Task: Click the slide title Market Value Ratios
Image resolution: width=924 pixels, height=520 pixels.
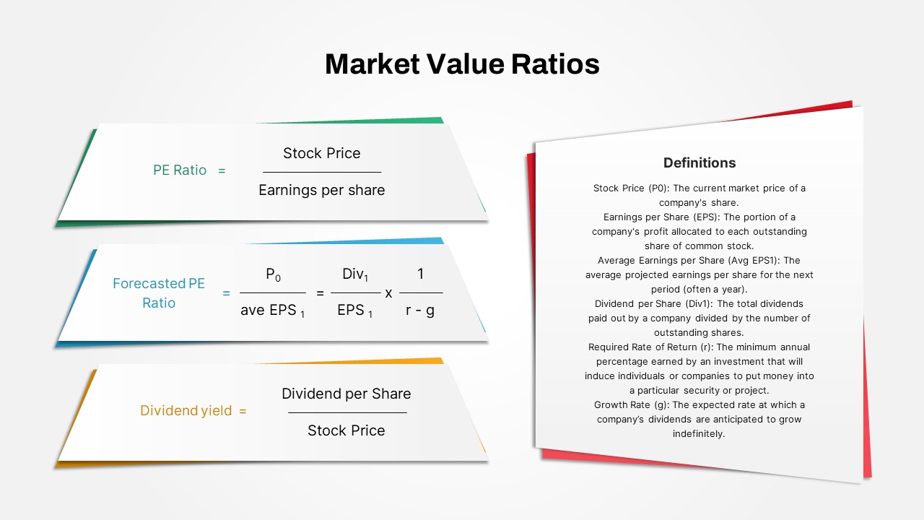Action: [462, 64]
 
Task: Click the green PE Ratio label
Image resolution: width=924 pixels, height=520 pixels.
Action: [180, 170]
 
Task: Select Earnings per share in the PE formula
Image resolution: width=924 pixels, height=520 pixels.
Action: [322, 190]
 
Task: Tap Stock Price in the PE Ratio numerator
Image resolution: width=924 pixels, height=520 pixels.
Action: [322, 153]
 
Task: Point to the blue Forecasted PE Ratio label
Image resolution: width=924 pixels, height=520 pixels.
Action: [159, 293]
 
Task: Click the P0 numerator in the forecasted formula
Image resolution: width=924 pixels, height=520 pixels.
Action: [273, 274]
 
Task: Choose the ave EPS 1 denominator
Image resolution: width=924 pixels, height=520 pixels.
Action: [272, 311]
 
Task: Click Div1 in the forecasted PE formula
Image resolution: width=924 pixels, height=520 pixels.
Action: [355, 274]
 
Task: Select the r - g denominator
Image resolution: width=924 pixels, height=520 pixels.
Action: [420, 310]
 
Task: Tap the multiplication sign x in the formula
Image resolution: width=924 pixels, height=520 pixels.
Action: [388, 293]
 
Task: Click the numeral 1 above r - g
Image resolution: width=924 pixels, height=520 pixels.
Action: [420, 274]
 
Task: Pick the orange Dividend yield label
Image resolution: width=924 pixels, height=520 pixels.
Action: [186, 411]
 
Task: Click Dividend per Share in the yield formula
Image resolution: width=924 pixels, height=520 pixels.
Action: [346, 394]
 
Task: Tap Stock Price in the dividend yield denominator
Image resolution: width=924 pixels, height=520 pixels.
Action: [346, 430]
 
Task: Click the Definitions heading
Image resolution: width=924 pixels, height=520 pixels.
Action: [699, 163]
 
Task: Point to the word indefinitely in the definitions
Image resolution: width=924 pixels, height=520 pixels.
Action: [699, 434]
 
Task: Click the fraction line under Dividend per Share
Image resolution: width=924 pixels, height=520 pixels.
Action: [347, 412]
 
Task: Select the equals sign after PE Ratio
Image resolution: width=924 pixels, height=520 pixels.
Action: [222, 170]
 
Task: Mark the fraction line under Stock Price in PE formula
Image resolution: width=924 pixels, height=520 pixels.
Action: [322, 172]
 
